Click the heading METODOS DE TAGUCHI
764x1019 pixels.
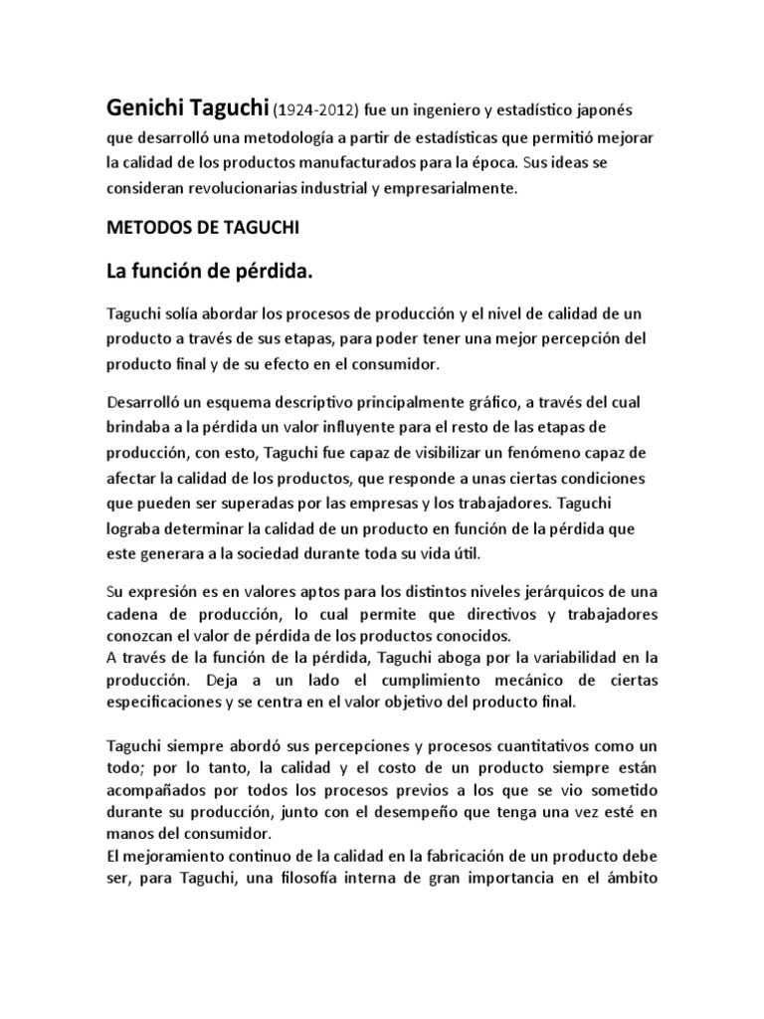click(x=202, y=227)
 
